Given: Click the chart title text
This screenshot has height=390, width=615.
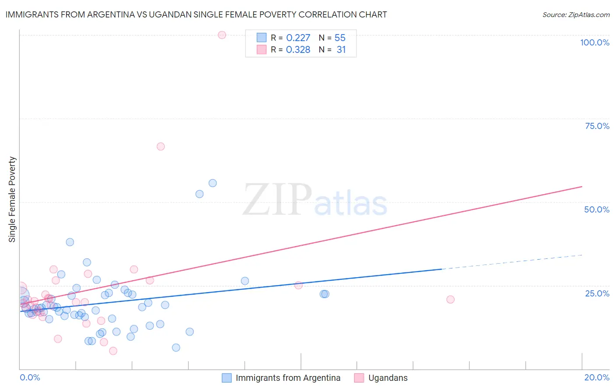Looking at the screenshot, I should pos(196,14).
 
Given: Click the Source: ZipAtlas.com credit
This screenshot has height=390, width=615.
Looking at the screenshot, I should pos(576,15).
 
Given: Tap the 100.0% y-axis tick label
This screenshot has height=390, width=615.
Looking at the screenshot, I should pos(594,42).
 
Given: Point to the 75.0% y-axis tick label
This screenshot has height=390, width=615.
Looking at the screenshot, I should pos(597,126).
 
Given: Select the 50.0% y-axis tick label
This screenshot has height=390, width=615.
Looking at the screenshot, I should pos(597,209).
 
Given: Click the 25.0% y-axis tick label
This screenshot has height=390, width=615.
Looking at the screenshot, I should pos(597,293).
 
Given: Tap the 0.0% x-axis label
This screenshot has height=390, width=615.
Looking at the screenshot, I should pos(30,377).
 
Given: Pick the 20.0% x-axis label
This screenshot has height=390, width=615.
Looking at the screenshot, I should pos(597,377).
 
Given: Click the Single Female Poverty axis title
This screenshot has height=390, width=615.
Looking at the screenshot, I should pos(12,199).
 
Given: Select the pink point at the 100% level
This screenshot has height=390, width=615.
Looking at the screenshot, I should pos(222,35).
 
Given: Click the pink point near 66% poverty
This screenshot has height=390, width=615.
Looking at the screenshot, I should pos(161,146).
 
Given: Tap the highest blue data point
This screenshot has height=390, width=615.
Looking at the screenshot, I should pos(213,183).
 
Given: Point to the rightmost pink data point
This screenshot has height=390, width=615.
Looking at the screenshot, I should pos(450,299).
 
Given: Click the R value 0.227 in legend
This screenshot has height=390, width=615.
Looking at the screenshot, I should pos(298,38).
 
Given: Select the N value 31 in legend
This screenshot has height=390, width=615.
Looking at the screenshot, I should pos(341,50).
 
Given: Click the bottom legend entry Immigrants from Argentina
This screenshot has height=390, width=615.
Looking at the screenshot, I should pos(288,378).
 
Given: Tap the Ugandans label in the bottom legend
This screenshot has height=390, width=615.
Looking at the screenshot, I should pos(388,378).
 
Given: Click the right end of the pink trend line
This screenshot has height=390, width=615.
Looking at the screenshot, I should pos(581,187).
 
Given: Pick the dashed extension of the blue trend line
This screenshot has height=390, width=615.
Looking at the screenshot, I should pos(512,262).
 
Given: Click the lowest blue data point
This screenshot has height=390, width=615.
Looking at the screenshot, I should pos(176,348).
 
